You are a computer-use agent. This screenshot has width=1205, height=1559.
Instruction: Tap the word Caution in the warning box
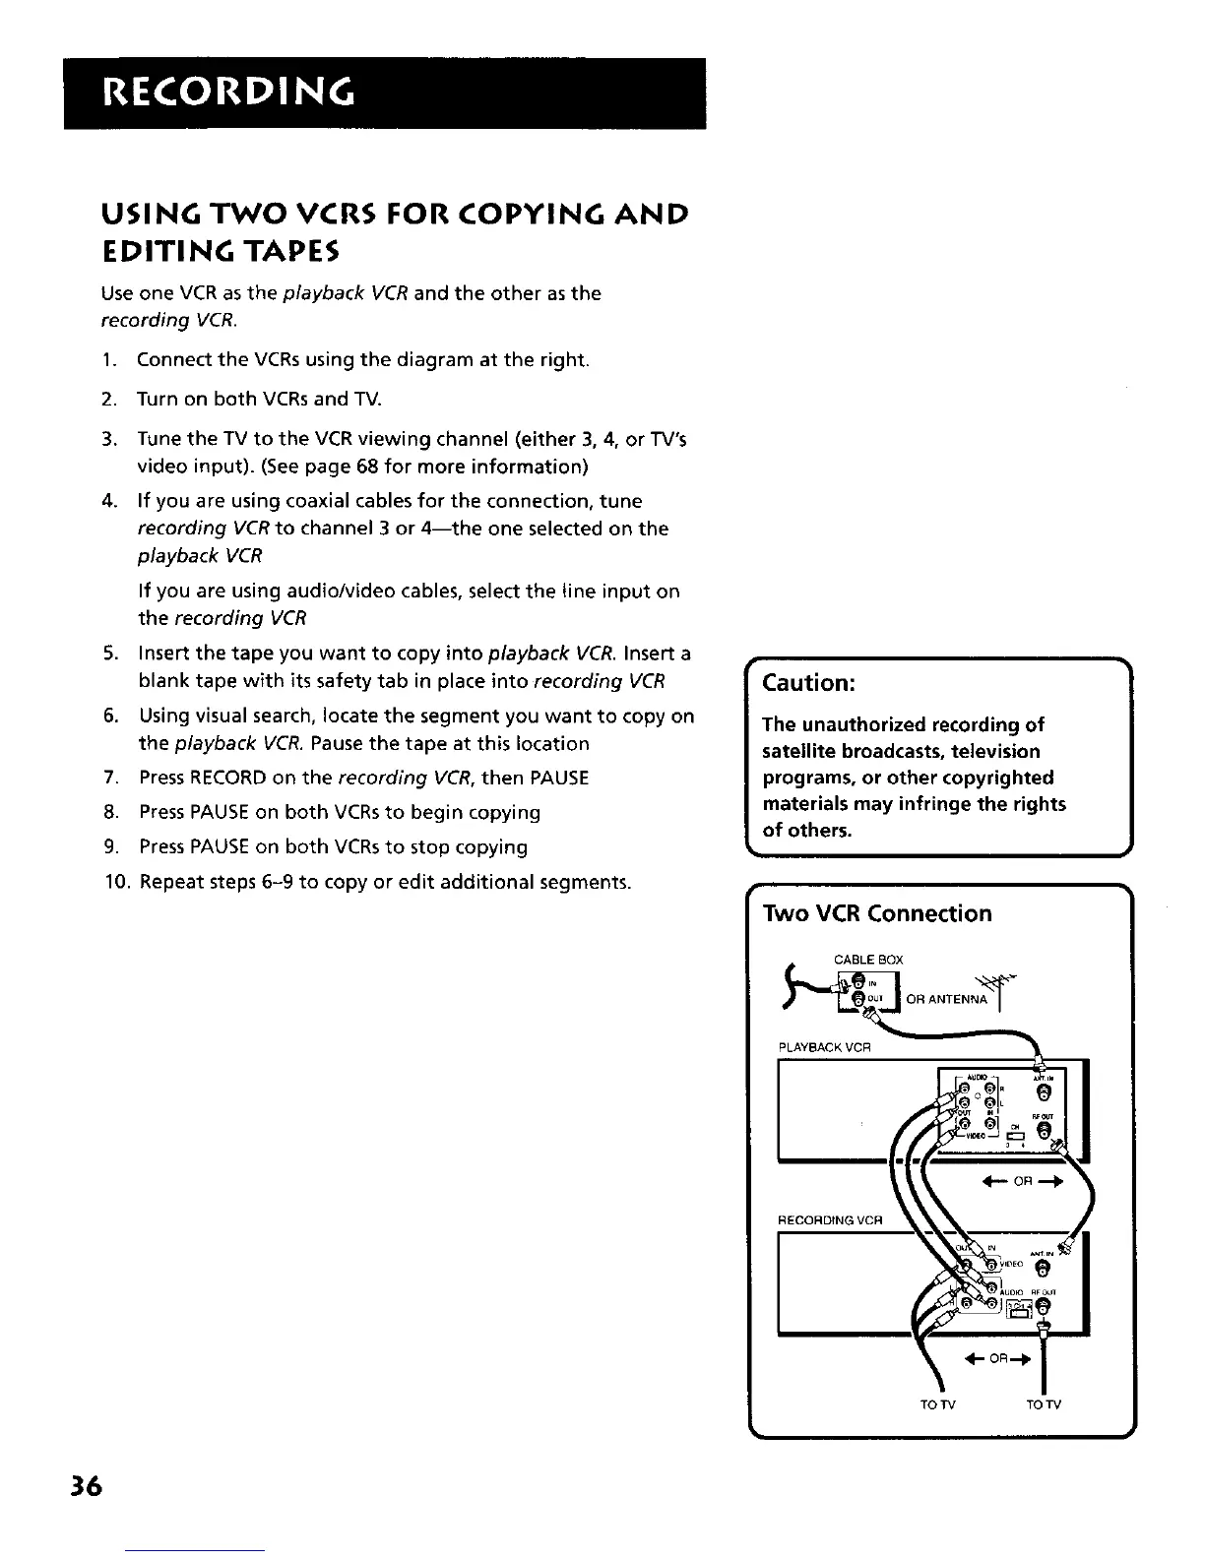pos(807,683)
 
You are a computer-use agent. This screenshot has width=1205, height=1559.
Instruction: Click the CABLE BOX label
pos(868,960)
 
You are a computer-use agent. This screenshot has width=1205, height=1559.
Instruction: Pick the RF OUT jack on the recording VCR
pos(1045,1306)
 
